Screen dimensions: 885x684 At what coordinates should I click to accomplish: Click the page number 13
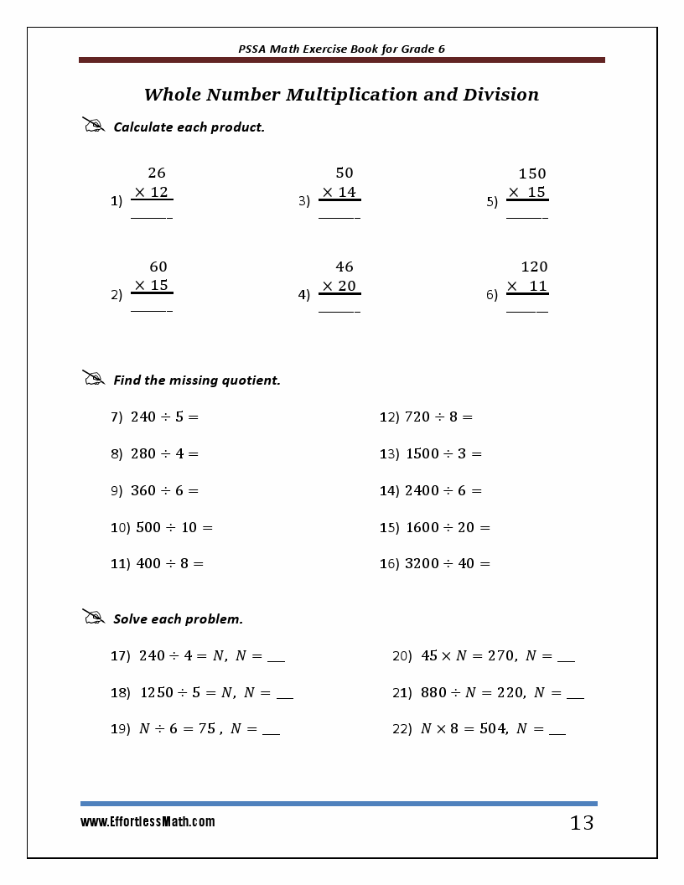[582, 823]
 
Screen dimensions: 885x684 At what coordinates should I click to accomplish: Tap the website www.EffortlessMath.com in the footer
[148, 822]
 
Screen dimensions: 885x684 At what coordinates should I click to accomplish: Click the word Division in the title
[500, 95]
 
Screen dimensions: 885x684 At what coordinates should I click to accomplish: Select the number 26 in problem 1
[157, 173]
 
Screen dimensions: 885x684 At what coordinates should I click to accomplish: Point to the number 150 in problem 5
[531, 173]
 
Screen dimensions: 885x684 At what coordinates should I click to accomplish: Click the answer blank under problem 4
[339, 311]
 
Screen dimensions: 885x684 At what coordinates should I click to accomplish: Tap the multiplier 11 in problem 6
[537, 286]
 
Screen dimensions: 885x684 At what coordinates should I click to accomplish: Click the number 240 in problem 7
[144, 417]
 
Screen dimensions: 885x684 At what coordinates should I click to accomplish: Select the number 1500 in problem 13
[422, 453]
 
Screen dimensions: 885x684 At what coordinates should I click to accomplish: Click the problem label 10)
[121, 527]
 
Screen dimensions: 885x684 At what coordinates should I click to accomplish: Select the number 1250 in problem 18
[157, 692]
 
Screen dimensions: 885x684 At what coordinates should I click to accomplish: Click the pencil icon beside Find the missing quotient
[93, 378]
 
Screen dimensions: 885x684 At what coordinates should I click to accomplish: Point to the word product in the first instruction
[237, 127]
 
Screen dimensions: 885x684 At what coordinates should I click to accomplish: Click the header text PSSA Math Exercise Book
[315, 49]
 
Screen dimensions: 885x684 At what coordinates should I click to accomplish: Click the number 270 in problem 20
[501, 656]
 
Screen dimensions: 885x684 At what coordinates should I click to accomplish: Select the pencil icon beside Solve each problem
[93, 617]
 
